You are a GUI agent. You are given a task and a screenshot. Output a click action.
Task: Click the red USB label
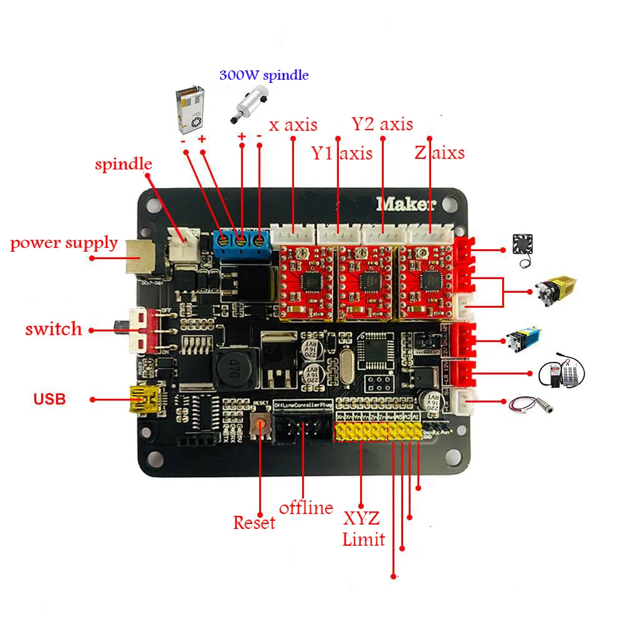(x=50, y=399)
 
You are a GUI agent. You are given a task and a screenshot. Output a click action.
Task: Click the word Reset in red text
(x=254, y=522)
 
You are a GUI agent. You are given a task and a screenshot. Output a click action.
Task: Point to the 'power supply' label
(x=64, y=242)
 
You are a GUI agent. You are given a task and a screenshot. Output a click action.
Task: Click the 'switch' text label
(x=54, y=329)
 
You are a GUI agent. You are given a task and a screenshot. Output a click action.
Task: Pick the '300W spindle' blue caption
(x=264, y=75)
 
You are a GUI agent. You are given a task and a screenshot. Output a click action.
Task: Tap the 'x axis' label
(x=293, y=125)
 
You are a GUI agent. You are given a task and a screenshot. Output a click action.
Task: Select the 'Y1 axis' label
(x=341, y=153)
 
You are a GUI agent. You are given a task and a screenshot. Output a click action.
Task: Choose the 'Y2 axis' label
(x=382, y=123)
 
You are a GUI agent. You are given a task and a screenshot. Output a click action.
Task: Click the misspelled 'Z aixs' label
(x=439, y=153)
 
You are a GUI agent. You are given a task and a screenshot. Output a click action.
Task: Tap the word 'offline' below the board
(x=305, y=508)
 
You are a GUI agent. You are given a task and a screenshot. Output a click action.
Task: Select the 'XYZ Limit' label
(x=363, y=529)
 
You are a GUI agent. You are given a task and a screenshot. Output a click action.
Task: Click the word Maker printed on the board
(x=406, y=204)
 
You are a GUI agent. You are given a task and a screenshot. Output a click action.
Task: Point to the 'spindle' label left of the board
(x=123, y=164)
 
